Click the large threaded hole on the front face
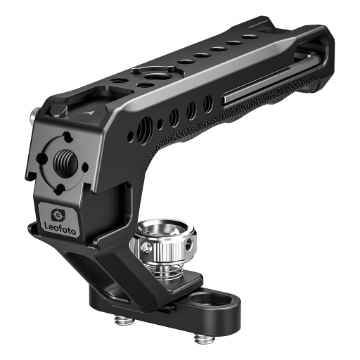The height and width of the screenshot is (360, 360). (x=65, y=161)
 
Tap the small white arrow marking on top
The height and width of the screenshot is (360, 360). (x=89, y=113)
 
